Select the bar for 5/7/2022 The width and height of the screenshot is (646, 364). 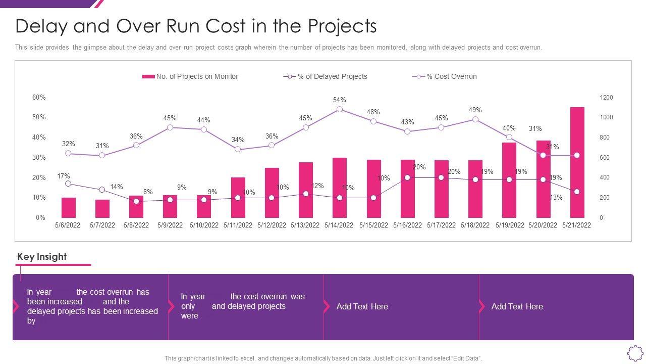[102, 208]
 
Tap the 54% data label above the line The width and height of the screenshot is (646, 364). [339, 100]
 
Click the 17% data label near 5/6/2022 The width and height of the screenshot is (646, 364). [64, 176]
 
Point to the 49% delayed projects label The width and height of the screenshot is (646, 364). [475, 110]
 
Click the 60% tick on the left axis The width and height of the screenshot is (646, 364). [39, 97]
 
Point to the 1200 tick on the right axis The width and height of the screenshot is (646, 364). [606, 97]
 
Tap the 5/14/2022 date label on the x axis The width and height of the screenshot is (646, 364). [339, 225]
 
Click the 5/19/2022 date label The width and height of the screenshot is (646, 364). [510, 225]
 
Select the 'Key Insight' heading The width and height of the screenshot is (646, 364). [42, 256]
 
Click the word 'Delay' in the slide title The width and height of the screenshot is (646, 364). [41, 26]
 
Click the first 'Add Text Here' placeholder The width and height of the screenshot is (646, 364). [362, 306]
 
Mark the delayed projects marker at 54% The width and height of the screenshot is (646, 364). [340, 109]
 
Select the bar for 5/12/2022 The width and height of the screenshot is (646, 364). [272, 193]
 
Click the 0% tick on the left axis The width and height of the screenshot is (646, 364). [40, 218]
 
